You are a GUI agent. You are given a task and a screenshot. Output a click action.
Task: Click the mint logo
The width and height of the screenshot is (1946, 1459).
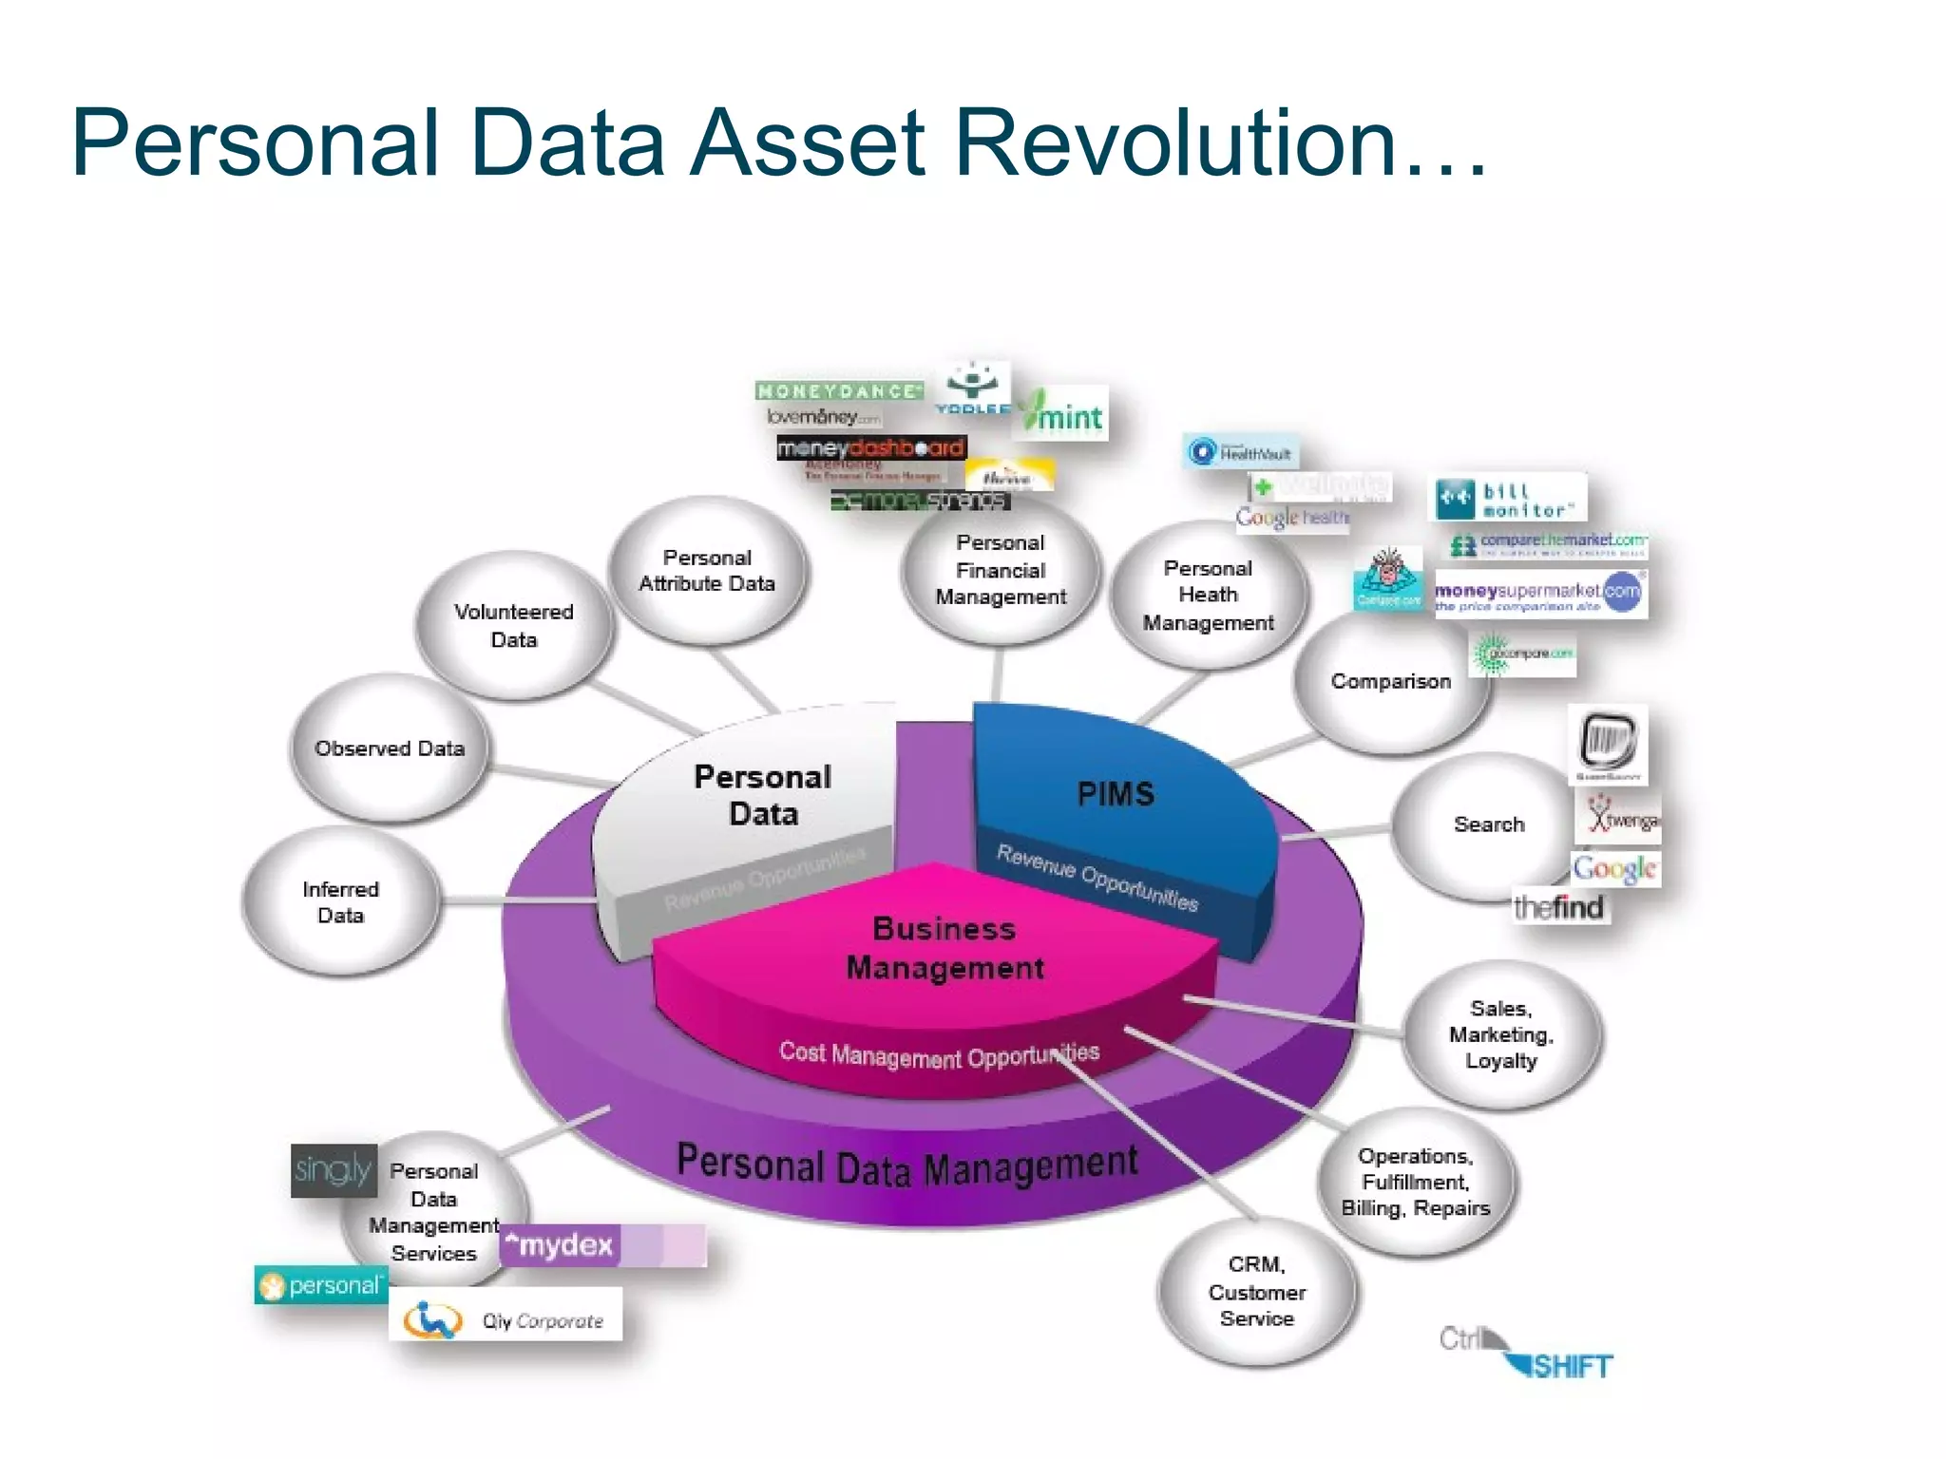(x=1061, y=413)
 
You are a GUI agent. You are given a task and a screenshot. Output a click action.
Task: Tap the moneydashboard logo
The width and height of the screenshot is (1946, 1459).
(x=871, y=447)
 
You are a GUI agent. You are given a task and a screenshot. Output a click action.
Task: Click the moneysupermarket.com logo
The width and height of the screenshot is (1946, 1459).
(x=1538, y=594)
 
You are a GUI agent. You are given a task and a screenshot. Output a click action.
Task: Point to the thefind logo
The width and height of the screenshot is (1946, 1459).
(x=1558, y=907)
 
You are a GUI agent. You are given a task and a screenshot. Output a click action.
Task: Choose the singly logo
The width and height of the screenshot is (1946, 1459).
(x=333, y=1170)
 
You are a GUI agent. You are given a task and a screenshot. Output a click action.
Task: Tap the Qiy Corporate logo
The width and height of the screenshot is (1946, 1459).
(x=506, y=1316)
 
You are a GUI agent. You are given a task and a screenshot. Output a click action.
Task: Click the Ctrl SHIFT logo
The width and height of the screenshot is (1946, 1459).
(x=1526, y=1353)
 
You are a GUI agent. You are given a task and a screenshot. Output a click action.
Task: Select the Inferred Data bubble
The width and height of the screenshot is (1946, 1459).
(x=341, y=901)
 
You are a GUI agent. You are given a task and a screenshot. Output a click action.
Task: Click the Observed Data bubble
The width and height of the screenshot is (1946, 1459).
(x=390, y=748)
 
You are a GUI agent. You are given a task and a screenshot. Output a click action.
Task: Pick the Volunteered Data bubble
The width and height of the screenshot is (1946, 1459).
(x=514, y=626)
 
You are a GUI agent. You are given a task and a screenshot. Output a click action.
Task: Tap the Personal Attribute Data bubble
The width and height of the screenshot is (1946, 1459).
(x=707, y=571)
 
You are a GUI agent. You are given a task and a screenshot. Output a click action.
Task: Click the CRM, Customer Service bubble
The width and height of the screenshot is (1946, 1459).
(x=1256, y=1291)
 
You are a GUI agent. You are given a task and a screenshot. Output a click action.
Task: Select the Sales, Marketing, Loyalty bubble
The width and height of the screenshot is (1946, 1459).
(x=1501, y=1034)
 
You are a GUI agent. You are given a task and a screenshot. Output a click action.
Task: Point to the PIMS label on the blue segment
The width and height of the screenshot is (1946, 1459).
(x=1116, y=794)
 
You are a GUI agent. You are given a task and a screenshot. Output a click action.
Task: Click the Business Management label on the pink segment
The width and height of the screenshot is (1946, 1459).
(x=944, y=948)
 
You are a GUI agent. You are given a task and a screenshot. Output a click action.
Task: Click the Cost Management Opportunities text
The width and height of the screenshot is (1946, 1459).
(x=939, y=1054)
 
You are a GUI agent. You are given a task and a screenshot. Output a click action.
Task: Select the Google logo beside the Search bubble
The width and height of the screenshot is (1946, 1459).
(x=1614, y=868)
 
